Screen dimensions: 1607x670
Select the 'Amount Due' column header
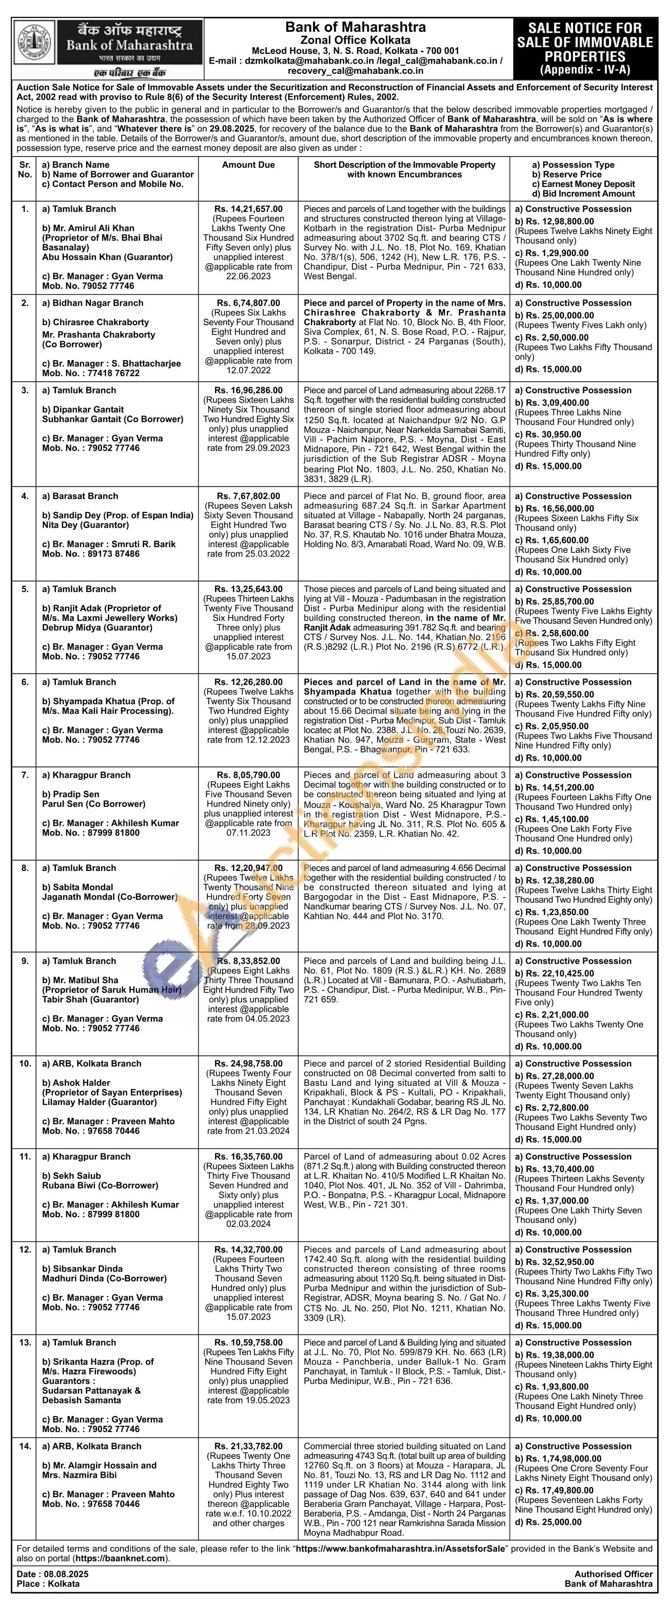(248, 165)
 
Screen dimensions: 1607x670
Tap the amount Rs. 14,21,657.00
(248, 209)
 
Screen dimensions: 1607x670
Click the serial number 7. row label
(25, 775)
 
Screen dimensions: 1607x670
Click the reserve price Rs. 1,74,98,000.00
(563, 1459)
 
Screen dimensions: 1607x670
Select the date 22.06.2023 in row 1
(248, 276)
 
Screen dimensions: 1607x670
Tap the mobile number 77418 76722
(110, 373)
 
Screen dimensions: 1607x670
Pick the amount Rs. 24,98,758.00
(248, 1064)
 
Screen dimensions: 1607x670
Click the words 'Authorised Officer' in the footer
(613, 1574)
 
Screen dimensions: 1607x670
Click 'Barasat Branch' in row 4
(85, 497)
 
